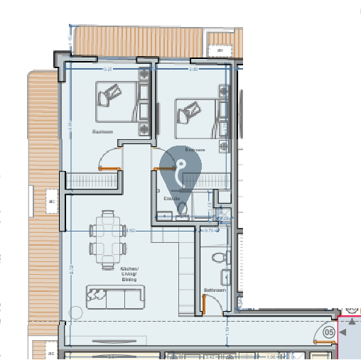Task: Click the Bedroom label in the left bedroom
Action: [103, 132]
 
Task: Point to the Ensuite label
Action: [173, 198]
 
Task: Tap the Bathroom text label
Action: [215, 290]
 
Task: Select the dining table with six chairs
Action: [108, 238]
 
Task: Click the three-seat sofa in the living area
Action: [115, 298]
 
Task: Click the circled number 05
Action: [329, 332]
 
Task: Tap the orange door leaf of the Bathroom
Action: [204, 305]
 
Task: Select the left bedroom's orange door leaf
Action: [109, 168]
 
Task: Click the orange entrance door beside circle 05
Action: [323, 342]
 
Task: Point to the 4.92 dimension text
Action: [130, 230]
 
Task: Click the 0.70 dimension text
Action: [209, 230]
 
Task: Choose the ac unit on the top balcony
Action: [221, 51]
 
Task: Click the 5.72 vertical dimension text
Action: [72, 269]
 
